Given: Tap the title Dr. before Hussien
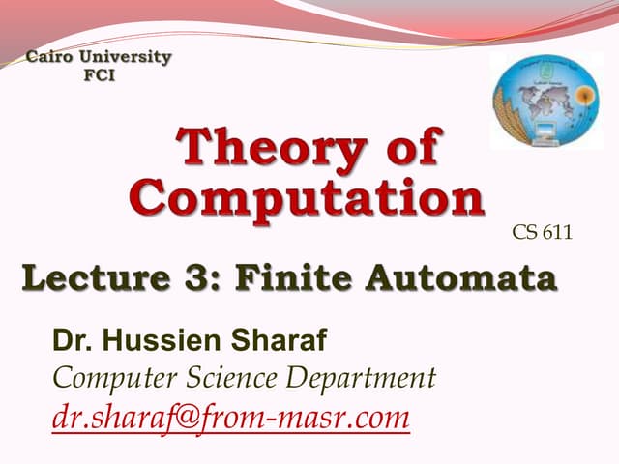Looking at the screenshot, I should [72, 339].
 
